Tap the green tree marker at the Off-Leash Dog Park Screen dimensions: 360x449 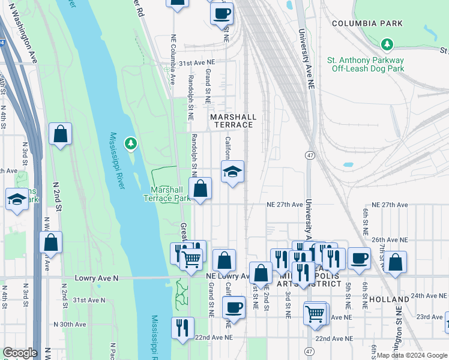click(x=388, y=44)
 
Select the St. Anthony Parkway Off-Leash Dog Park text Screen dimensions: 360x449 click(x=365, y=64)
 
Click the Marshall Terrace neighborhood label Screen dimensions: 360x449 click(x=233, y=121)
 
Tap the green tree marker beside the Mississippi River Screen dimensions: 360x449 click(x=130, y=143)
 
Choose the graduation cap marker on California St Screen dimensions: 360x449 click(x=232, y=172)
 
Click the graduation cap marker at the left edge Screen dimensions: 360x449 click(x=17, y=200)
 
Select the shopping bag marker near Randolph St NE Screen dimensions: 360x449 click(x=200, y=189)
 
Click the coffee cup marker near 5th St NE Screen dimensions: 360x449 click(x=359, y=259)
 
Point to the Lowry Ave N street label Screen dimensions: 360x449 click(x=96, y=278)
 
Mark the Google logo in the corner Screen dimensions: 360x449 click(x=20, y=353)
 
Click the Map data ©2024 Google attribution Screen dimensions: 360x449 click(x=412, y=355)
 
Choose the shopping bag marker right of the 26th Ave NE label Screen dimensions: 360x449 click(x=395, y=262)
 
